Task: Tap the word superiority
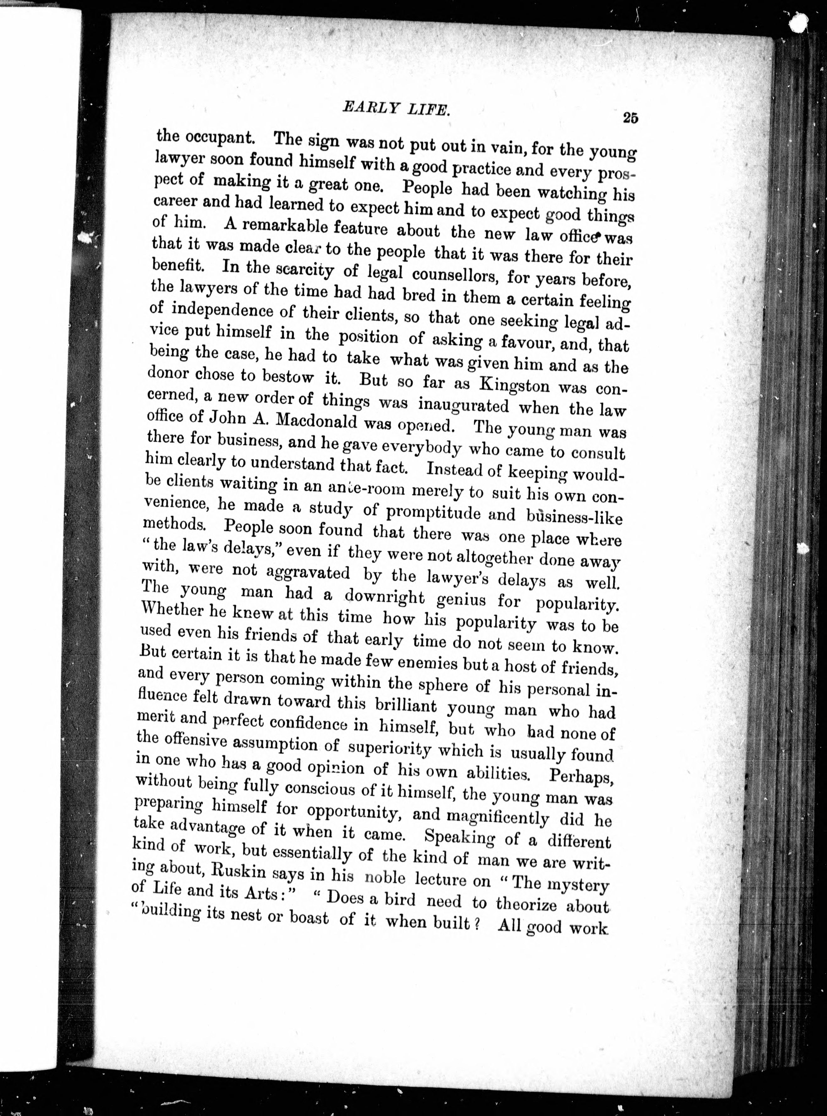pos(389,749)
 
